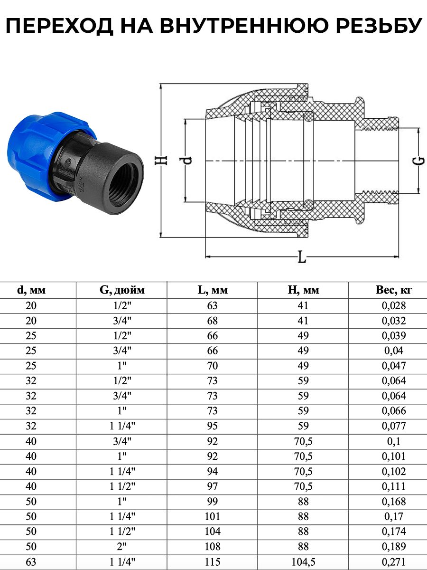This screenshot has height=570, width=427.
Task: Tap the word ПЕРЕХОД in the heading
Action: (x=60, y=27)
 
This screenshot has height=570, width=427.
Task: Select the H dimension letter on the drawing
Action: (x=162, y=160)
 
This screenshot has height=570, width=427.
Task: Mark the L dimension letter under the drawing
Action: (x=302, y=257)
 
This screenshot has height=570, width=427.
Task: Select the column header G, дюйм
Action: (x=122, y=290)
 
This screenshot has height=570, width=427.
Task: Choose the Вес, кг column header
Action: (x=394, y=290)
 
